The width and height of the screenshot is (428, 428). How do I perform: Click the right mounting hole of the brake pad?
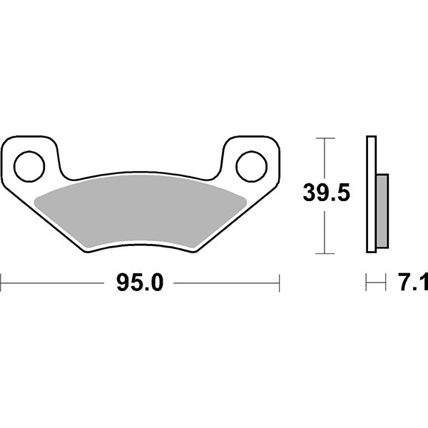tap(250, 165)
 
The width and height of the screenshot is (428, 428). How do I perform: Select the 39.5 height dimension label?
tap(326, 193)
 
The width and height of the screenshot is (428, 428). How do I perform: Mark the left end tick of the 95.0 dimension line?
tap(1, 283)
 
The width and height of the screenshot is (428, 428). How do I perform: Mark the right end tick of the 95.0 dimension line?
tap(279, 283)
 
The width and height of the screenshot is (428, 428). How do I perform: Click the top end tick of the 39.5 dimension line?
tap(325, 137)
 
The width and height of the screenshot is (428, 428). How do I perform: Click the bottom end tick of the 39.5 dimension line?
tap(325, 253)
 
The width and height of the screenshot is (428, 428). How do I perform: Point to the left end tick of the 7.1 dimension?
tap(367, 283)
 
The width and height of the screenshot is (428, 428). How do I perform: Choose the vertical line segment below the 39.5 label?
tap(325, 232)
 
